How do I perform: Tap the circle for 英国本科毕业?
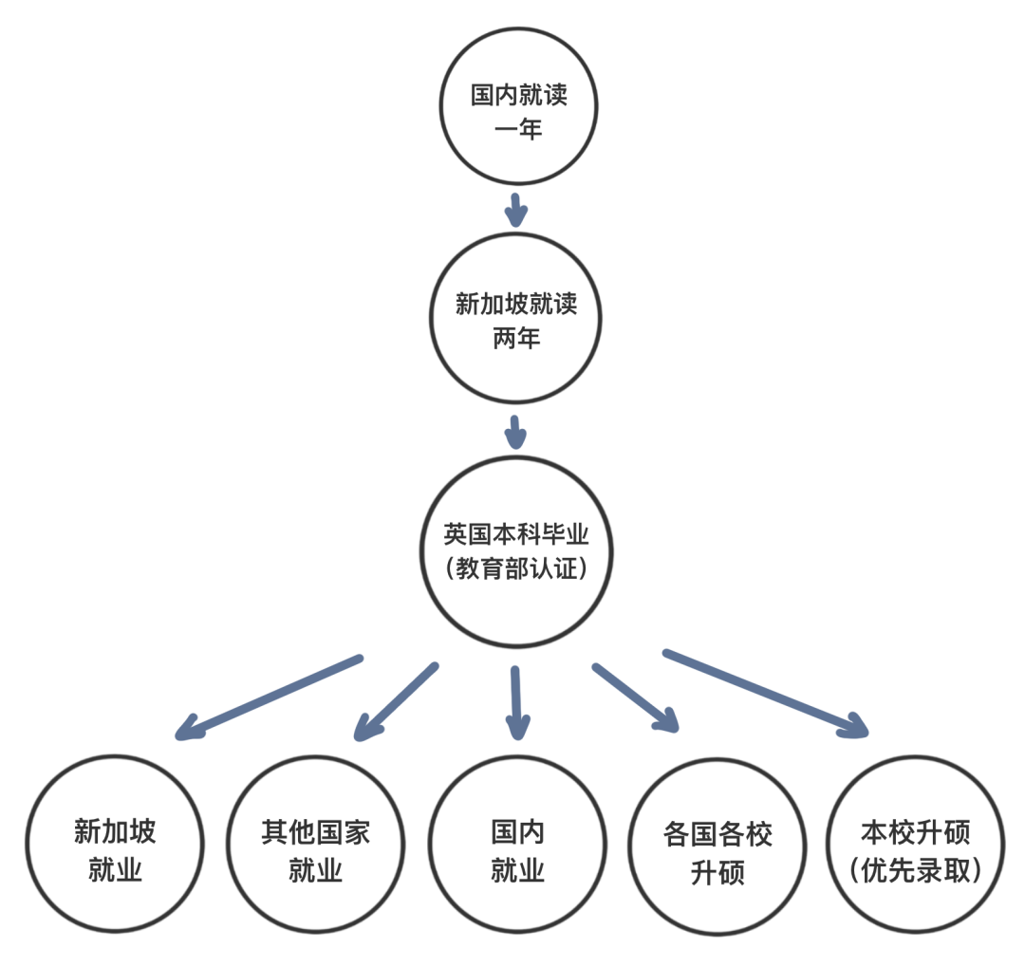pos(517,550)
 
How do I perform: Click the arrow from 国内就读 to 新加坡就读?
pos(515,210)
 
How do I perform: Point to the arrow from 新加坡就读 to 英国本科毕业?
pos(515,431)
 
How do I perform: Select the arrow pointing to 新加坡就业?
pos(269,696)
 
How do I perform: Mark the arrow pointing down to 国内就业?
pos(516,702)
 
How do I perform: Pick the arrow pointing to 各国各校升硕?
pos(636,698)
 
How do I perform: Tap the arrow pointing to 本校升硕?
pos(765,693)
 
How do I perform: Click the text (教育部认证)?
pos(517,569)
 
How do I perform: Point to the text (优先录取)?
pos(917,869)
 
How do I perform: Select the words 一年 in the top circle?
pos(518,130)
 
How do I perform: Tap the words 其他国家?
pos(315,833)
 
